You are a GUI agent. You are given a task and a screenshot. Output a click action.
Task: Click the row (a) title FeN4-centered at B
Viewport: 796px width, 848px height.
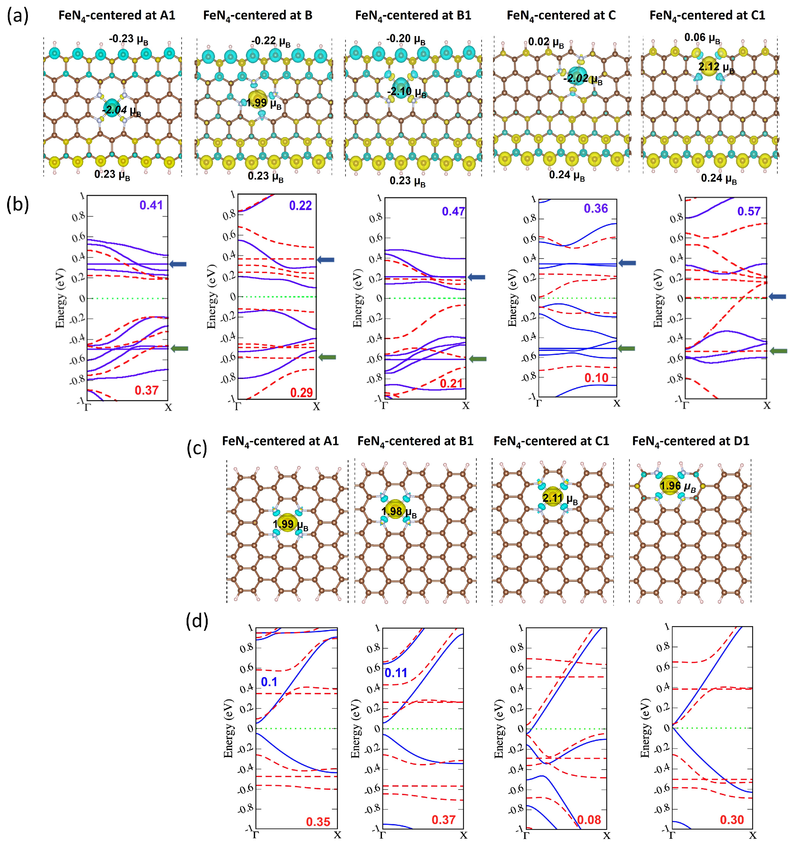(x=258, y=16)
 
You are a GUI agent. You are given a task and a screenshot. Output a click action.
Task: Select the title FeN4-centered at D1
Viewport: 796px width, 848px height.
(x=690, y=441)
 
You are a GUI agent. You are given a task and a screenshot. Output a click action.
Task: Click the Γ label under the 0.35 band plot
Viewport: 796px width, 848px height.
(x=256, y=835)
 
